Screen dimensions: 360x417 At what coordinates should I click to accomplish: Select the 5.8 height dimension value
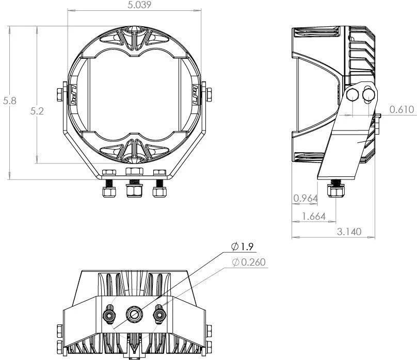click(x=9, y=101)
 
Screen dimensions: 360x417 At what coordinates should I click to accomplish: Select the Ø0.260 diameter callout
click(x=249, y=263)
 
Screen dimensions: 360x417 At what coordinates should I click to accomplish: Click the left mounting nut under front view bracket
click(x=108, y=192)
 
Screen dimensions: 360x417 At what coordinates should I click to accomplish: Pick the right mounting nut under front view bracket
click(x=159, y=192)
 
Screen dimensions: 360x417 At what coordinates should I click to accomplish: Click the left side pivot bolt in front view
click(x=58, y=94)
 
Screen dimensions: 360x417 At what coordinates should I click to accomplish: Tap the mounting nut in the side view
click(x=336, y=192)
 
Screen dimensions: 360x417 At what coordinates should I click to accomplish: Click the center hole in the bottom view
click(x=134, y=313)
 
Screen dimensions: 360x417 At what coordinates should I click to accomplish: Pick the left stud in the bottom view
click(x=109, y=314)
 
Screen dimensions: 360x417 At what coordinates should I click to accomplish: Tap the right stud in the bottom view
click(x=159, y=313)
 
